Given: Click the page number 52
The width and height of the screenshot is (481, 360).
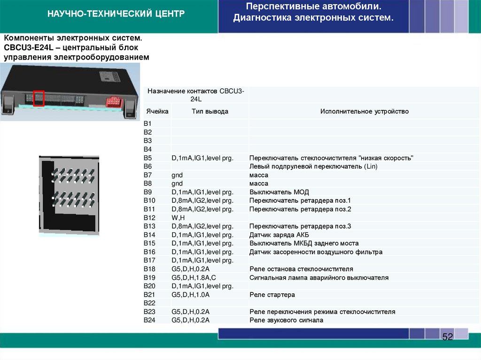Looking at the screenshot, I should coord(447,337).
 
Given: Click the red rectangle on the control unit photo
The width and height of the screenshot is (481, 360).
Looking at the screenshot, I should coord(39,98).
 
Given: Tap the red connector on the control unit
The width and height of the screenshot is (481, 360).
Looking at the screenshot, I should coord(113,101).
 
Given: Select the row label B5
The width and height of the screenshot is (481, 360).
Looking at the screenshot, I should coord(148,158).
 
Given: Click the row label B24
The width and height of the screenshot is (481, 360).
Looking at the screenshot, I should coord(149,320).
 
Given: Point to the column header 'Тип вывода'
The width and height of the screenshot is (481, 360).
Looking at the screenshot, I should coord(210,112).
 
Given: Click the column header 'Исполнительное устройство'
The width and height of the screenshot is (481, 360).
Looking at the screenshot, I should coord(365,112).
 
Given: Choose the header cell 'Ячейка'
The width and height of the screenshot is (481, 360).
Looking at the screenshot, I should coord(157,112).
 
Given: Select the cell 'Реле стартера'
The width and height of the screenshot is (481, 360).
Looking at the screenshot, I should coord(272,295).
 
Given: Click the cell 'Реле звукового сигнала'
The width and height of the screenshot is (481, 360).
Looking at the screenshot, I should coord(286,320).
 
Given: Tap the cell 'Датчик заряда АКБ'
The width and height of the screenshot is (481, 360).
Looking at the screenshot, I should coord(279,235).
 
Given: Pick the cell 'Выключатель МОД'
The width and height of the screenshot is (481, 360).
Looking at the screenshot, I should coord(279,192).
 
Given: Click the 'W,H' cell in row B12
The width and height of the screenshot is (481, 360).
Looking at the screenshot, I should coord(178,218).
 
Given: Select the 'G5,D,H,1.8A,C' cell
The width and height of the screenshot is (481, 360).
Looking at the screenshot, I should coord(194,277).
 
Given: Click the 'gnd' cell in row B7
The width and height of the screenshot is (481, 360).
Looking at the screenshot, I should coord(177,175).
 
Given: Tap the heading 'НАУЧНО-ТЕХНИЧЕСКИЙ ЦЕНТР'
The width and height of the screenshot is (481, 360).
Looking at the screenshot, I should coord(116,14).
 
